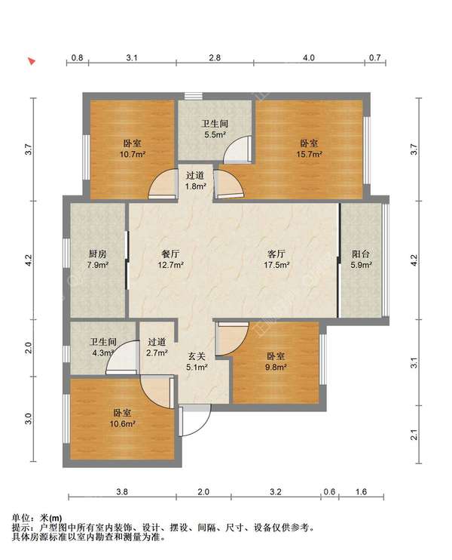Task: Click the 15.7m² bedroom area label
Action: (309, 154)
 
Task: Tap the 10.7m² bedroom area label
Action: (133, 154)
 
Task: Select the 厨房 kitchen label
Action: (98, 254)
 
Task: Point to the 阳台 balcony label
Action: (361, 254)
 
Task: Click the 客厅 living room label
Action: (276, 254)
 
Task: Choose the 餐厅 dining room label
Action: (171, 254)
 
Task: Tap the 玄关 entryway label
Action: (197, 355)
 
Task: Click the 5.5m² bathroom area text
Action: (215, 134)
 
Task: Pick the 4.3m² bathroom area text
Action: (103, 353)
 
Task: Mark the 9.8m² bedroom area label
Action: (276, 367)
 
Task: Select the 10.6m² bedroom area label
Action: (122, 424)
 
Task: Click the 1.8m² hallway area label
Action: (196, 186)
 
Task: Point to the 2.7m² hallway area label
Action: (157, 353)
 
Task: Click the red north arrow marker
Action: (32, 61)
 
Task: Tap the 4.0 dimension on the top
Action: (309, 57)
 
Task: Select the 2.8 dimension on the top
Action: (215, 57)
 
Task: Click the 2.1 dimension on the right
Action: (414, 435)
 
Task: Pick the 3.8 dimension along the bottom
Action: (122, 492)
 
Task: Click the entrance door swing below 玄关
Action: (195, 420)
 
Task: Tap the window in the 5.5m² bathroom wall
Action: (193, 96)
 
